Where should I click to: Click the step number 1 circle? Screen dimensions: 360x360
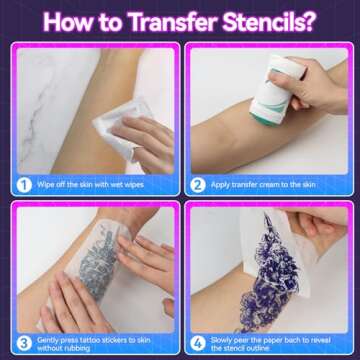22,184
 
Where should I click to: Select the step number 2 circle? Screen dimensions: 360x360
198,184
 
